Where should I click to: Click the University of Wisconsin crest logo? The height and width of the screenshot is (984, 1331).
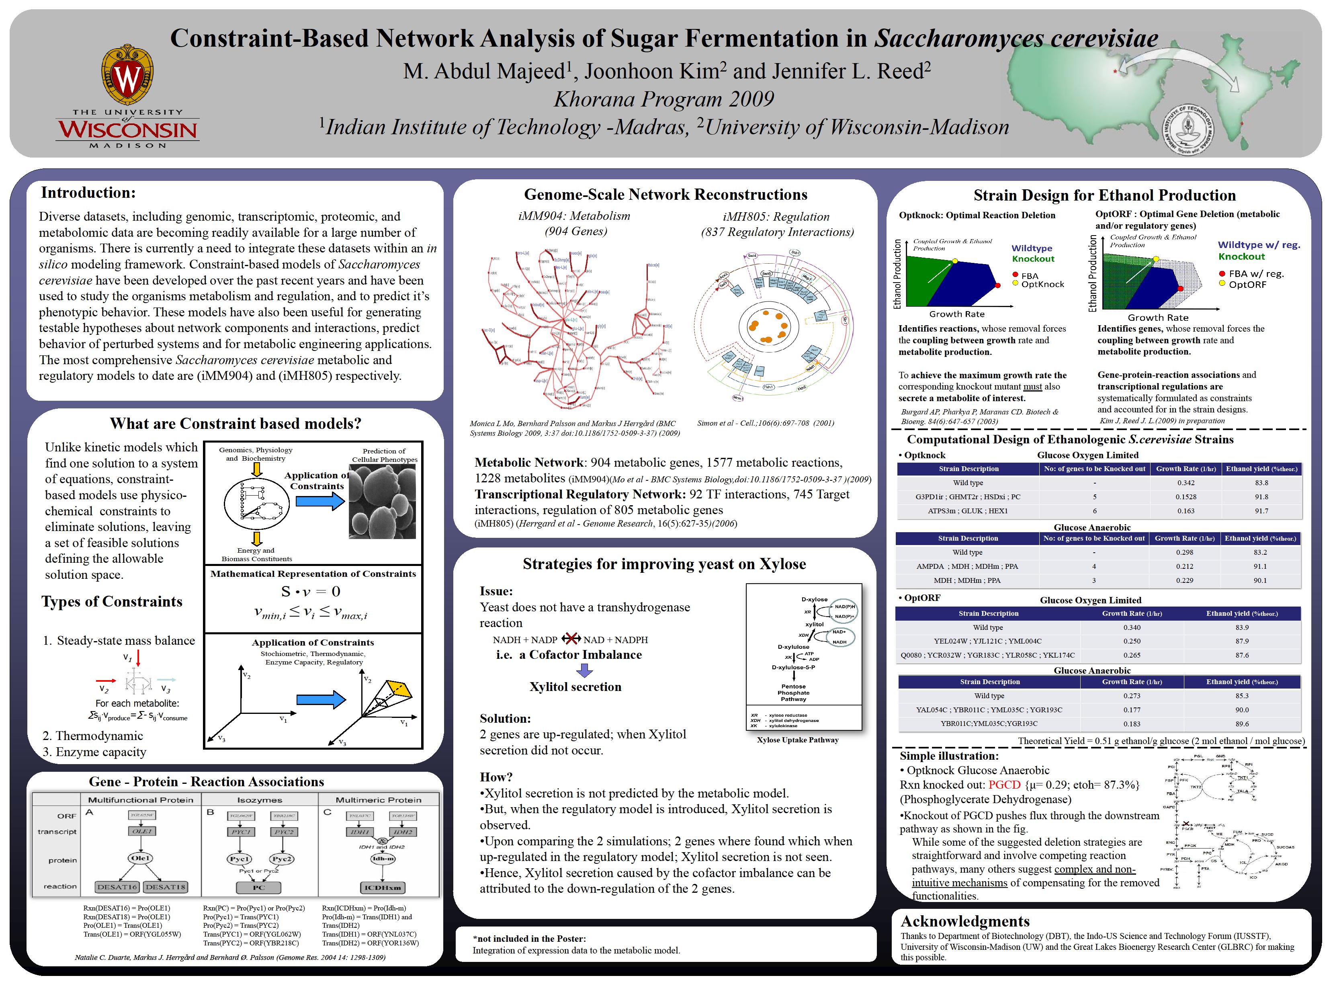click(x=127, y=74)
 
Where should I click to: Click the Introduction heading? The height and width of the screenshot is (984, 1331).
click(x=88, y=193)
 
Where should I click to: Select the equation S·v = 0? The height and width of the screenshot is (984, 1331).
click(x=310, y=591)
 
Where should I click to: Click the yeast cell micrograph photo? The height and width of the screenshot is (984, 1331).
click(x=382, y=502)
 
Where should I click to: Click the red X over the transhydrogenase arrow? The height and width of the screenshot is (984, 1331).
click(x=571, y=639)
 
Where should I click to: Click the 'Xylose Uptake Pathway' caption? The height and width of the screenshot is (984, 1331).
click(x=797, y=740)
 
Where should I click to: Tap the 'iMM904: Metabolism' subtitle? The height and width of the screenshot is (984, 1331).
click(x=574, y=215)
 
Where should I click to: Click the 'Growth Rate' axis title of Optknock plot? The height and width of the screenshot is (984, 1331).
click(x=956, y=314)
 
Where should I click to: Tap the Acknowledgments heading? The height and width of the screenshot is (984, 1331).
click(x=965, y=921)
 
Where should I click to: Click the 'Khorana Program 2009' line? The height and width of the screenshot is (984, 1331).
click(x=663, y=99)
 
